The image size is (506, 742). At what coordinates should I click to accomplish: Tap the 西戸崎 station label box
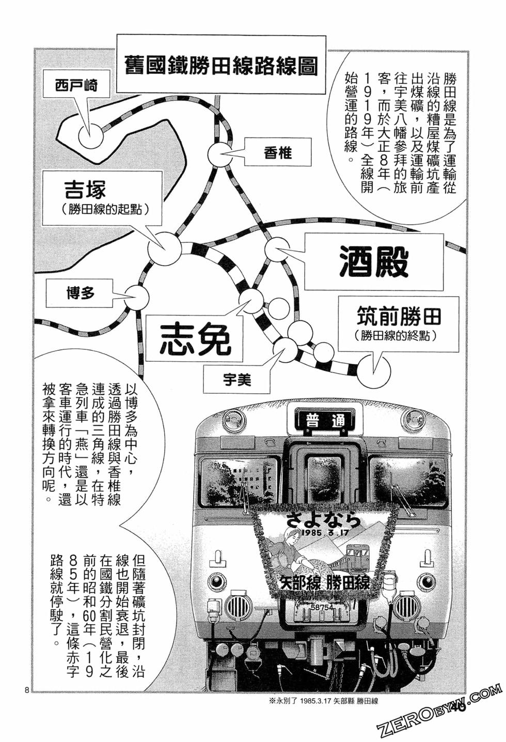(76, 85)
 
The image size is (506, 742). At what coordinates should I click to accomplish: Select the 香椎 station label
(278, 152)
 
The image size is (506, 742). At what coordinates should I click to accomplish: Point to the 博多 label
(81, 293)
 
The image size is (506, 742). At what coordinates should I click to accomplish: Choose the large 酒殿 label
(374, 261)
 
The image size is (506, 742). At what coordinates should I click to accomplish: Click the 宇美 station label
(237, 380)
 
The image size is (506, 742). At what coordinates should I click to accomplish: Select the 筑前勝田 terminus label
(399, 323)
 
